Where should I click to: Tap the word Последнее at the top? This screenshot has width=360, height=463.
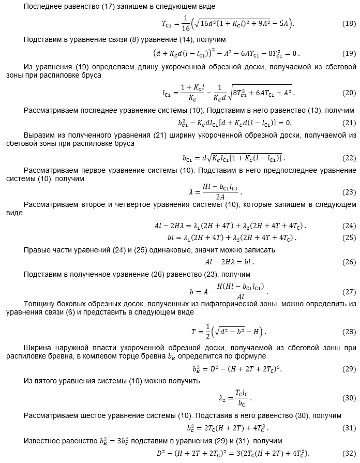click(x=42, y=7)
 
